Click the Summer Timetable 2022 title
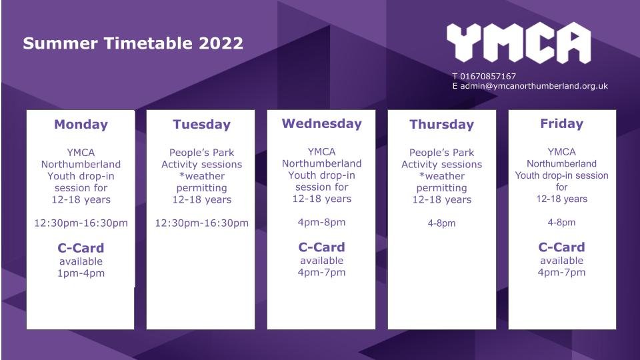click(133, 43)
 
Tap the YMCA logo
click(519, 43)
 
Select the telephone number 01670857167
click(488, 76)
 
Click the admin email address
click(534, 86)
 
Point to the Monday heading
click(81, 124)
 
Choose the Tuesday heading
click(201, 124)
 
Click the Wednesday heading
click(321, 123)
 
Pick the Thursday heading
click(441, 124)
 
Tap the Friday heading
click(561, 123)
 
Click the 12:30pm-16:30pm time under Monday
click(81, 223)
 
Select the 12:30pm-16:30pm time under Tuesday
click(201, 223)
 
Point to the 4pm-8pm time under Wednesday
click(321, 223)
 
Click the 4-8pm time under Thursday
click(441, 223)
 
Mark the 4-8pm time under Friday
click(561, 223)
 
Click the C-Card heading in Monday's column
click(81, 248)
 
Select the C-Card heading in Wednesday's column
click(321, 247)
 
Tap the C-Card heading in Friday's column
click(561, 247)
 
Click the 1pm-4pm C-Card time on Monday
click(81, 273)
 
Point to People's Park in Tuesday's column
click(201, 153)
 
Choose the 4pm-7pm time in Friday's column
click(561, 272)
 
